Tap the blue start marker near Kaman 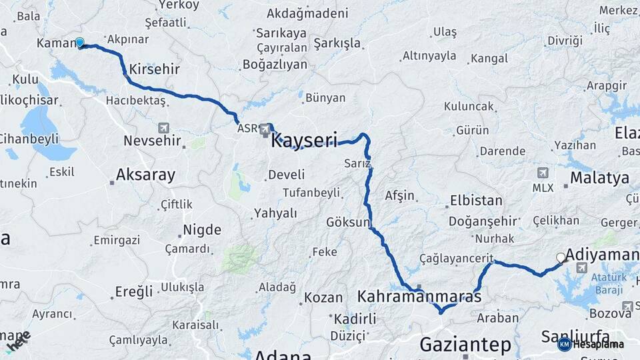(80, 43)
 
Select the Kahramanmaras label (419, 296)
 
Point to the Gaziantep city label (465, 345)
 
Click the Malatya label (599, 178)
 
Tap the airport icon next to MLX (543, 173)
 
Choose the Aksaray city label (145, 175)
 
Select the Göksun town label (348, 222)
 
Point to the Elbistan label (476, 200)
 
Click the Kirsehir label (154, 69)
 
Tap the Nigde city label (201, 230)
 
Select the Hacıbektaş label (135, 101)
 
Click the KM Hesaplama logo (591, 344)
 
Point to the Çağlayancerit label (456, 258)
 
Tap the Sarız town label (358, 163)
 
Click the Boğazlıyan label (275, 65)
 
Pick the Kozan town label (323, 297)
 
